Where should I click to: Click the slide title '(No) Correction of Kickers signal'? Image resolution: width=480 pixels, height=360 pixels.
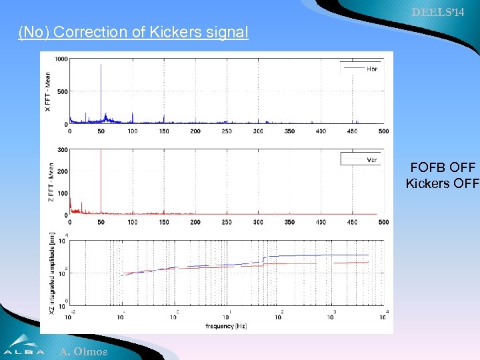133,32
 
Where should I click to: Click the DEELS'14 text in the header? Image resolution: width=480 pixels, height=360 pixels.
444,13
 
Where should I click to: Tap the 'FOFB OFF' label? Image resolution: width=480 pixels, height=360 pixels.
443,168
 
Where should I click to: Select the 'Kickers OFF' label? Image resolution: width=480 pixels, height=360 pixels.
442,183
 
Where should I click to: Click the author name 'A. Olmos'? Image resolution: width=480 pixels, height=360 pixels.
83,352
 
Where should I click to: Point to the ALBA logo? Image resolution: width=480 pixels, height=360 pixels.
24,346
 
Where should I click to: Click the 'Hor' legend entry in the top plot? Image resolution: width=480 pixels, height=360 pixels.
371,69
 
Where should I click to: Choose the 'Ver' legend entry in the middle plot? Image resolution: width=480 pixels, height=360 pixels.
373,159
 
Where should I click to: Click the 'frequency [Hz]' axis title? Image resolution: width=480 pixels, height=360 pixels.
226,326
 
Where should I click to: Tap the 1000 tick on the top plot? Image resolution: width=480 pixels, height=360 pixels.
61,59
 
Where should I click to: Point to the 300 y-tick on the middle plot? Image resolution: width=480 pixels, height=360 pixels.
63,150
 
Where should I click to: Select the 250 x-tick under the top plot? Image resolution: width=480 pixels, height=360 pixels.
227,131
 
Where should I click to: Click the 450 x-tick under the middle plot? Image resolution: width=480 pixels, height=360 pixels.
353,222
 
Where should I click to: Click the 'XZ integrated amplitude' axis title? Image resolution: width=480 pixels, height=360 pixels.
53,273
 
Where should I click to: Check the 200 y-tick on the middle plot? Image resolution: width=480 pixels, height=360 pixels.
63,172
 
